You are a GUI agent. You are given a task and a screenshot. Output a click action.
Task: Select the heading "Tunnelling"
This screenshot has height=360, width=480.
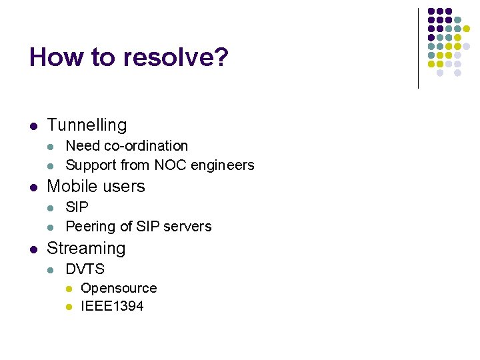87,125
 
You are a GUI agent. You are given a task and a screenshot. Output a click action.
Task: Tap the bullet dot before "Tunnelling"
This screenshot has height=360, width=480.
33,125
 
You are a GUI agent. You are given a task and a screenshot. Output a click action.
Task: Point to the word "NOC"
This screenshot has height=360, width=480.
170,165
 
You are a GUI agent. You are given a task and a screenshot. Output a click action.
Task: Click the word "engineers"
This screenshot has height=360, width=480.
223,165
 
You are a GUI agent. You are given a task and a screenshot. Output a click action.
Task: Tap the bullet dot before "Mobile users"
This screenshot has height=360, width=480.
33,187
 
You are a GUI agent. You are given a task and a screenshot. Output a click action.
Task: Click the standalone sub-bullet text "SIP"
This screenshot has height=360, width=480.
77,207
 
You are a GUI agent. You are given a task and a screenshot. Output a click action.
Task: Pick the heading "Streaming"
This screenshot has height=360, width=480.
86,248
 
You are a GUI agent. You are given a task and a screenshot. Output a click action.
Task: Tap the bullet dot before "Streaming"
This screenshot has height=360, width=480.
33,249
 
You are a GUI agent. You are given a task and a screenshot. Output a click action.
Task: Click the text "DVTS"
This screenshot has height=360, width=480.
85,269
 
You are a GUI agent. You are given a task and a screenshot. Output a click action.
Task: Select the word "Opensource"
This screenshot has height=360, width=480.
119,288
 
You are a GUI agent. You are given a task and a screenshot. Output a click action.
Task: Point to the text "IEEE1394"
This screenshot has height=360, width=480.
112,306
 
